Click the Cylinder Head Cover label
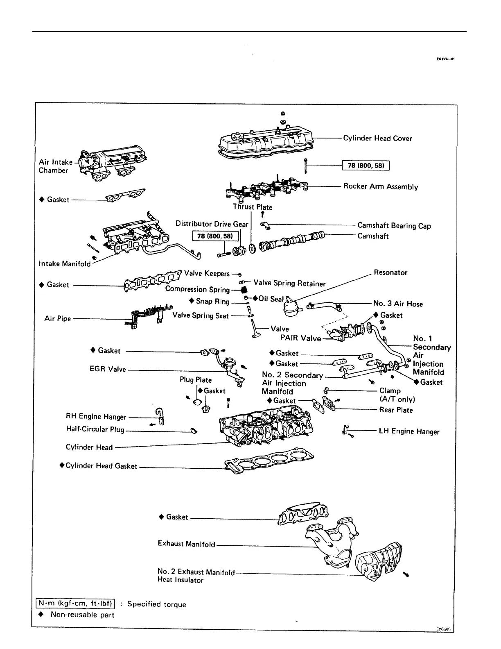(377, 138)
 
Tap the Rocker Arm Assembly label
(381, 187)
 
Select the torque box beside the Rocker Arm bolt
(366, 166)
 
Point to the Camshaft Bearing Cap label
(394, 226)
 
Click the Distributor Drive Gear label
(212, 224)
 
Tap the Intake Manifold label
(65, 264)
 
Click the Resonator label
(390, 273)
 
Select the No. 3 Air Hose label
(398, 304)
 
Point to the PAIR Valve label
(300, 338)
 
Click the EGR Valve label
(108, 369)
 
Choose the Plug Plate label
(196, 380)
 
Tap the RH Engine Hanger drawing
(160, 417)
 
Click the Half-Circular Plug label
(95, 429)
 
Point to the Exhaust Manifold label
(186, 544)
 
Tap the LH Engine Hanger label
(409, 431)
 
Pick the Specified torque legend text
(156, 604)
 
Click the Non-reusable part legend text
(82, 615)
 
